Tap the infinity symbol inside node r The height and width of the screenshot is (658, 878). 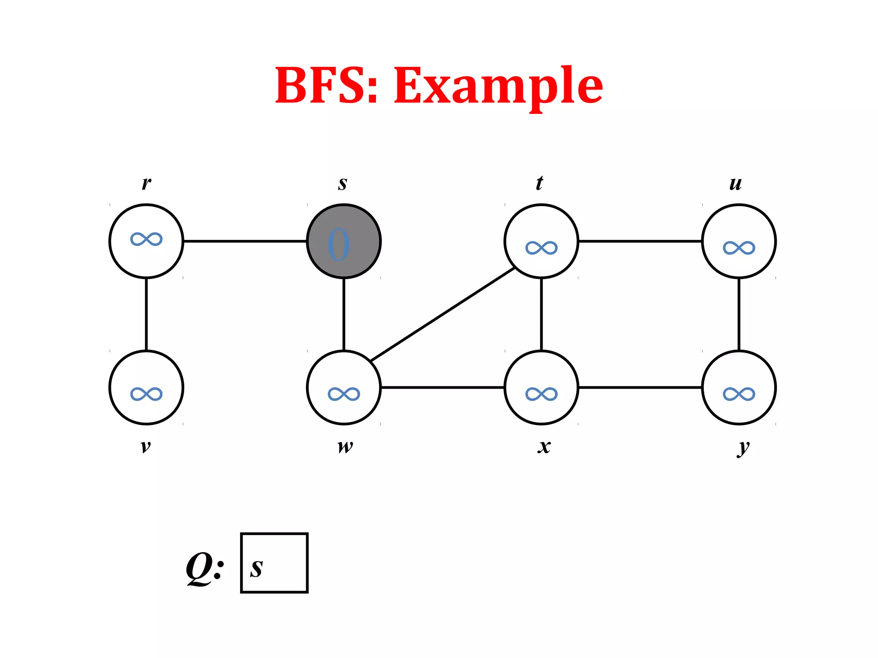click(x=146, y=239)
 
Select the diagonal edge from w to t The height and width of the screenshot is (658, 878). click(x=442, y=314)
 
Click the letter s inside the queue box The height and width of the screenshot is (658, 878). click(x=256, y=568)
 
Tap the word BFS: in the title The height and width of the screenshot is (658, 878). click(x=326, y=86)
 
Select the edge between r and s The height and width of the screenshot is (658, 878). click(x=245, y=241)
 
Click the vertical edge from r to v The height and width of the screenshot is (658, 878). click(x=146, y=314)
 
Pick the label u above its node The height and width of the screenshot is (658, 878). click(x=735, y=183)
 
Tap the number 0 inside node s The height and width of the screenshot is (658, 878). click(x=339, y=245)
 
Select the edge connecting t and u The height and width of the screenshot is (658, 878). click(x=640, y=241)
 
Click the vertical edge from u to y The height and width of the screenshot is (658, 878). click(x=739, y=314)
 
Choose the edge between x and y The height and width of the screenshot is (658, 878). click(x=640, y=387)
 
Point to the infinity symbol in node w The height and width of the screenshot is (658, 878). click(x=344, y=394)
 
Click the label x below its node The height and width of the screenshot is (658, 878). click(x=544, y=446)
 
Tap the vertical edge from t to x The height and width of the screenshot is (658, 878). click(x=541, y=314)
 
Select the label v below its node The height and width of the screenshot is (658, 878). click(x=146, y=446)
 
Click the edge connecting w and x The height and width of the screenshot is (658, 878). click(x=442, y=387)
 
